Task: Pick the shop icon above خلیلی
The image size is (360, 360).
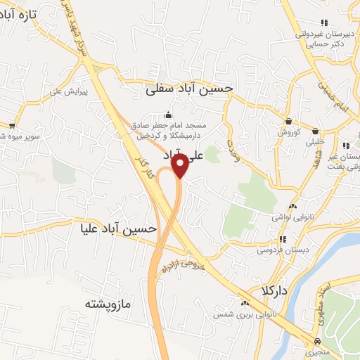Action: pyautogui.click(x=314, y=130)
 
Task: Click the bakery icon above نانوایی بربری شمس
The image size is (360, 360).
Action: pyautogui.click(x=244, y=303)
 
